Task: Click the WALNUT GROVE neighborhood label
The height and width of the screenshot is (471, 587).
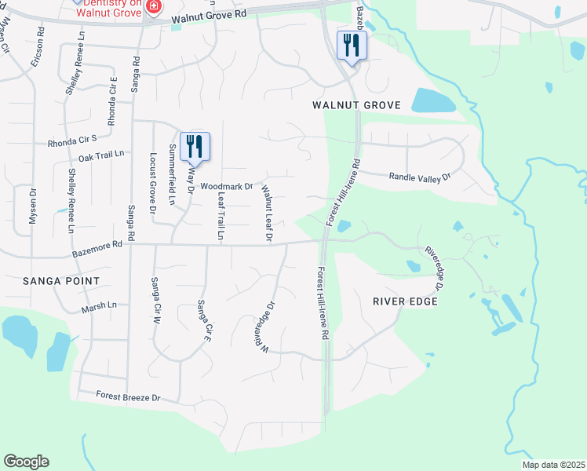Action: coord(356,105)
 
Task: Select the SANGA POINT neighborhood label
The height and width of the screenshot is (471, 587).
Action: coord(61,281)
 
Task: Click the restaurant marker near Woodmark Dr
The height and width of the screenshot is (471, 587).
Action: coord(195,147)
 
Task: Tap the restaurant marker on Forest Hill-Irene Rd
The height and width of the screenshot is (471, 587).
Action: coord(350,46)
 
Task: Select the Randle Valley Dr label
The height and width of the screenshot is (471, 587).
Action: coord(421,177)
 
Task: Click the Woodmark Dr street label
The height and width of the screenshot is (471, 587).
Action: coord(226,187)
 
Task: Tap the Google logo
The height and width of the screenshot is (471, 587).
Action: coord(26,462)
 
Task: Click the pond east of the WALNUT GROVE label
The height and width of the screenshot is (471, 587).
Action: coord(432,100)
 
